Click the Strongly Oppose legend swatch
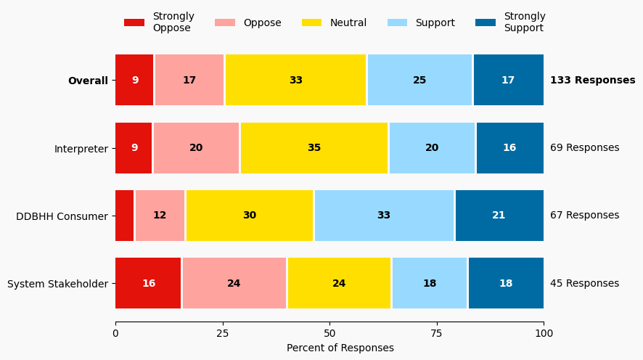(x=134, y=22)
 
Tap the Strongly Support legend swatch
(x=486, y=22)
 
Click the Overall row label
(x=88, y=81)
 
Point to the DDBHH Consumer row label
(x=62, y=216)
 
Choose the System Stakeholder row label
(x=57, y=284)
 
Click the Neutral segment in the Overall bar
(x=295, y=80)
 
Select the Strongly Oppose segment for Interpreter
(x=134, y=148)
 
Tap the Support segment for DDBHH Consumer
(x=384, y=216)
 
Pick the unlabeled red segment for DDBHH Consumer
(x=125, y=216)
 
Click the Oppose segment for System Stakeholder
(x=234, y=283)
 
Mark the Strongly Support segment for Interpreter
(x=509, y=148)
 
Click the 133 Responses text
(x=592, y=81)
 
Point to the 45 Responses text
(x=584, y=284)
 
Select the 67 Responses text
(x=584, y=216)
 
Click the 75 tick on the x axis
(x=437, y=333)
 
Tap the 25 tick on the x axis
(x=223, y=333)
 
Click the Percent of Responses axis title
(x=340, y=348)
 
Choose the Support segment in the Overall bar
(x=419, y=80)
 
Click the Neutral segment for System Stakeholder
(x=339, y=283)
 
